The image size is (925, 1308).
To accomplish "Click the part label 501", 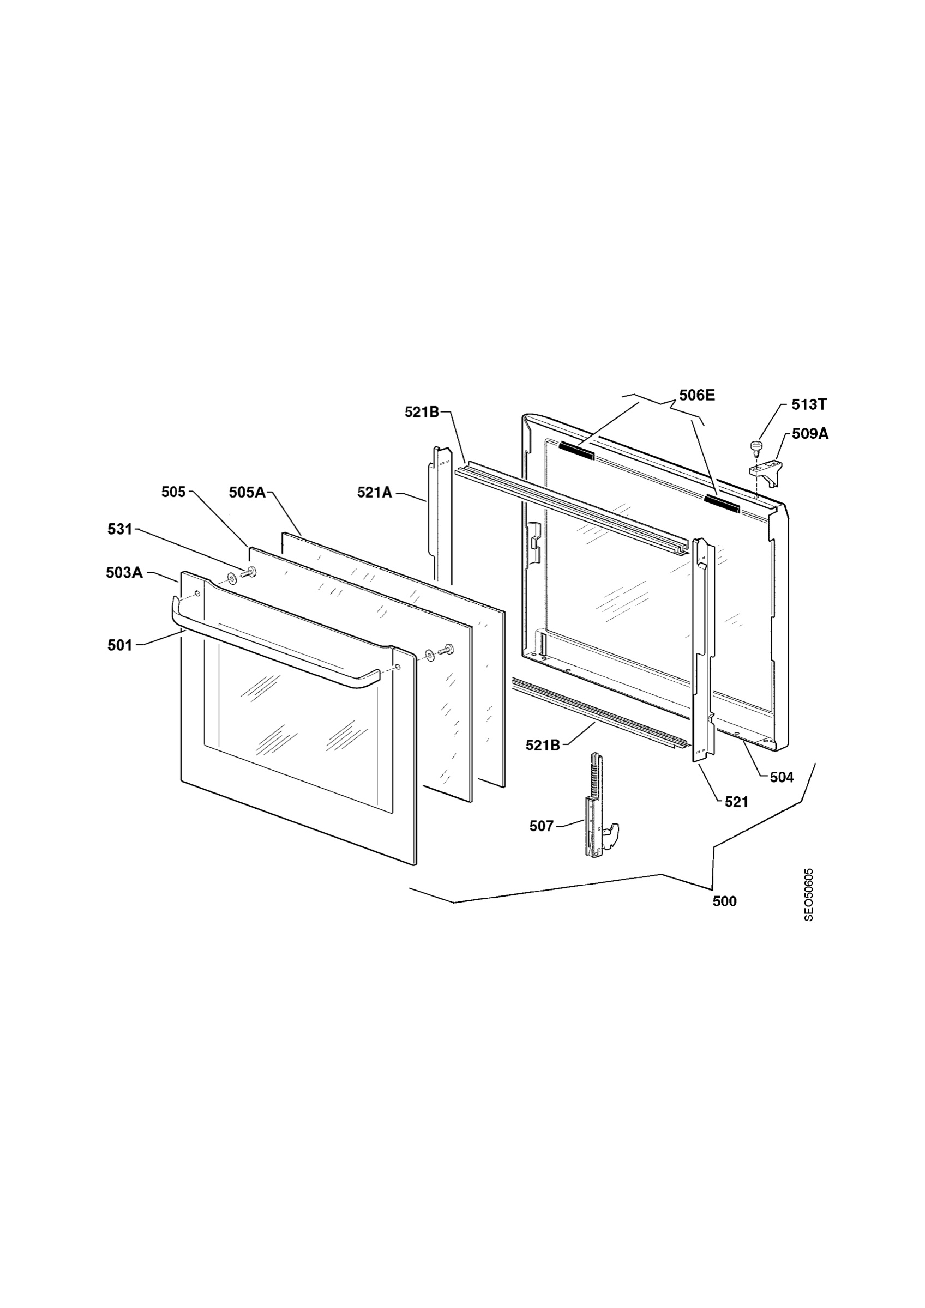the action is (119, 645).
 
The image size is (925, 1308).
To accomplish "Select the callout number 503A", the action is (124, 573).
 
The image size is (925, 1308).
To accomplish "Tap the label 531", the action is (119, 529).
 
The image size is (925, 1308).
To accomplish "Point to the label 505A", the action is (248, 492).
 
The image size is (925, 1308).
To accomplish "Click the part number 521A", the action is (375, 492).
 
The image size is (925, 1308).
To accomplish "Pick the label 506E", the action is (696, 395).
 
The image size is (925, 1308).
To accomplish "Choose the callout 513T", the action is (809, 404).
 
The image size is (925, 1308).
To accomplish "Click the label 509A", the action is (810, 434).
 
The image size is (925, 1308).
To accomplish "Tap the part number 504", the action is (782, 777).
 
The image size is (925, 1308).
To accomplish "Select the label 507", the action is (542, 826).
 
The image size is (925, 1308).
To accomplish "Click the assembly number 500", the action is (724, 901).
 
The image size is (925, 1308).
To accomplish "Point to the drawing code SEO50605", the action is (809, 894).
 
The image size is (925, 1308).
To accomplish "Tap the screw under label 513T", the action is (756, 446).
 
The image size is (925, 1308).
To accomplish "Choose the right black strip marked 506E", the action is (722, 502).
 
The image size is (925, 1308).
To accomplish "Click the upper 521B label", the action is (422, 412).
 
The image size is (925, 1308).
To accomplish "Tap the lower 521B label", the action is (543, 744).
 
